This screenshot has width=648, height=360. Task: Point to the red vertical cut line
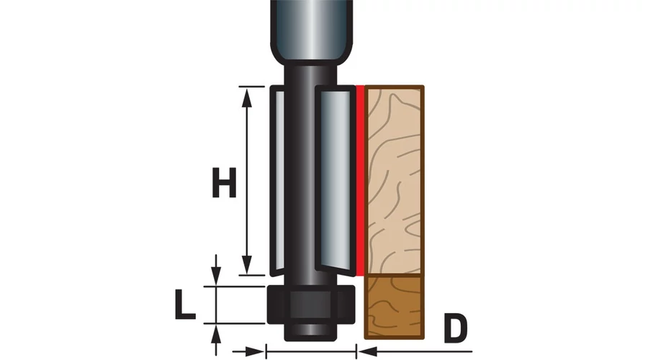[x=358, y=180]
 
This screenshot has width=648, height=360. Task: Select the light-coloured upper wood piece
[x=394, y=180]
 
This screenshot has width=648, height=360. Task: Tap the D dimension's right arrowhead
[x=366, y=351]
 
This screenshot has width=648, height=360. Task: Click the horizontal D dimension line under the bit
[x=312, y=351]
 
